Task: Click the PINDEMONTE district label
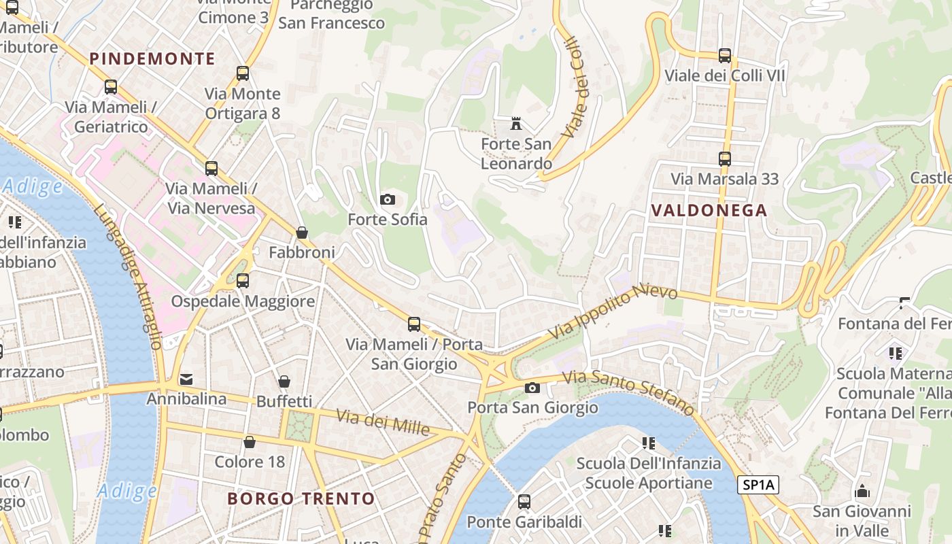pos(152,58)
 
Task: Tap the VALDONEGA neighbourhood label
pos(709,210)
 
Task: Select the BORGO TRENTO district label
pos(301,498)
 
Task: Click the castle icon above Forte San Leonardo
pos(517,124)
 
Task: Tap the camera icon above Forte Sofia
pos(388,199)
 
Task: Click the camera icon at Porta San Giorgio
pos(532,388)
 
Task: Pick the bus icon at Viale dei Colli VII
pos(725,56)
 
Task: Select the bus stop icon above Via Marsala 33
pos(725,159)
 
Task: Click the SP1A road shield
pos(758,485)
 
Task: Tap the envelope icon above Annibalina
pos(186,379)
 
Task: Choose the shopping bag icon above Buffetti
pos(284,381)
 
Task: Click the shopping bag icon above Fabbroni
pos(302,233)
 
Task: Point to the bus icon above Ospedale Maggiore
pos(243,280)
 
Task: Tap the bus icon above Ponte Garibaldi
pos(524,502)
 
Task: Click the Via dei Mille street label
pos(383,422)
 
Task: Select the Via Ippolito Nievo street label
pos(613,311)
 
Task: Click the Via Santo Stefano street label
pos(628,391)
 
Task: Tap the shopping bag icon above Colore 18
pos(250,442)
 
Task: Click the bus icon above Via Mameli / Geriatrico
pos(111,87)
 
